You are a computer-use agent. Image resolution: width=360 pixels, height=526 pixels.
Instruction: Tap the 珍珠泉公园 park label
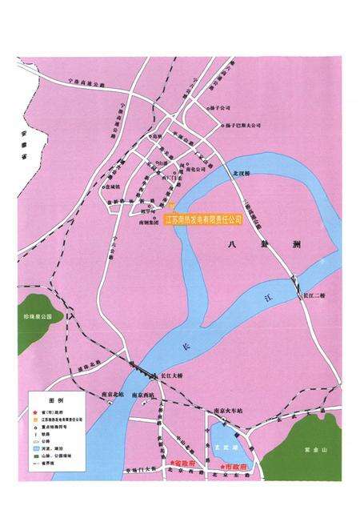point(38,317)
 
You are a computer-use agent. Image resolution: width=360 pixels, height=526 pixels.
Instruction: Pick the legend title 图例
point(55,398)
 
